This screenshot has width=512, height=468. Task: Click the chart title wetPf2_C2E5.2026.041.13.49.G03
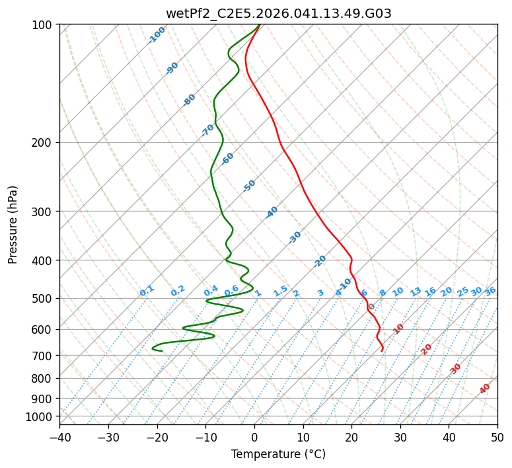click(x=278, y=13)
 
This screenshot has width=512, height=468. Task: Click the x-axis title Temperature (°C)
click(x=278, y=454)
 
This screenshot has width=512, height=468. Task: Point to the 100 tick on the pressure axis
click(x=42, y=25)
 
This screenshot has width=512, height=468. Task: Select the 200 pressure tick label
click(x=42, y=142)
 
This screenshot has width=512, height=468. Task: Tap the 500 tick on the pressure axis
click(x=42, y=298)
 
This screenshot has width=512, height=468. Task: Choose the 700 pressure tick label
click(x=42, y=356)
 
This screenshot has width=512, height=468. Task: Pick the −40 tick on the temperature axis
click(x=59, y=437)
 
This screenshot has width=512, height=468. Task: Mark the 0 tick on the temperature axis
click(x=255, y=437)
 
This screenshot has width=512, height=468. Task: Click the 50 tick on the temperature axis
click(x=497, y=437)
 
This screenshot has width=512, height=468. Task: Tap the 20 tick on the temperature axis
click(x=352, y=437)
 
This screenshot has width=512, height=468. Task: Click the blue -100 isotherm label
click(x=157, y=35)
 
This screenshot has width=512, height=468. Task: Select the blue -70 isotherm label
click(x=207, y=130)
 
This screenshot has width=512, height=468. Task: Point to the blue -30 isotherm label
click(x=295, y=237)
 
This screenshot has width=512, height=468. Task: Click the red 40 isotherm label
click(x=485, y=389)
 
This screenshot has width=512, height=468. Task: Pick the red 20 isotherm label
click(x=427, y=349)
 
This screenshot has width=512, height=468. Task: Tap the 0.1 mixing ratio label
click(x=147, y=291)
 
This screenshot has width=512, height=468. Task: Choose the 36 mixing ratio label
click(x=490, y=291)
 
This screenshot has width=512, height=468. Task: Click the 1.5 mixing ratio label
click(x=281, y=291)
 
